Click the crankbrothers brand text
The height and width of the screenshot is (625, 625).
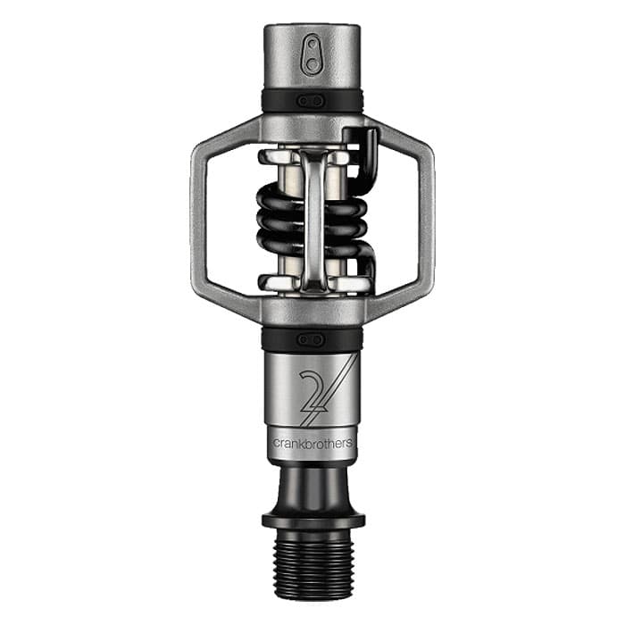tap(312, 444)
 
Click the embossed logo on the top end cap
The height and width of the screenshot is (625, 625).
tap(312, 54)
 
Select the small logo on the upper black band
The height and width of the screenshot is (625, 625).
tap(312, 101)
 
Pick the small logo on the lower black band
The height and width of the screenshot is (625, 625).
tap(312, 339)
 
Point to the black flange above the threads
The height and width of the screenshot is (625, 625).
tap(312, 519)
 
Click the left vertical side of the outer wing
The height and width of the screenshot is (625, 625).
tap(198, 219)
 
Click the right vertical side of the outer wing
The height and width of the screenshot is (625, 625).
tap(427, 219)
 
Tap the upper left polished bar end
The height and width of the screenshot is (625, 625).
tap(271, 158)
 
